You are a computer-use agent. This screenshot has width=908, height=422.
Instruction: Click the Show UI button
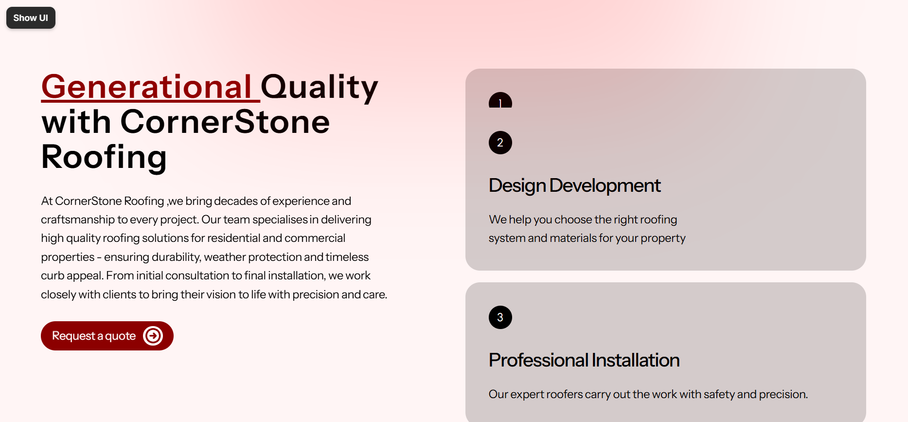tap(31, 18)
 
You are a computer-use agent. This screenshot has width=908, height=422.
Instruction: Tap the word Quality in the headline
tap(320, 88)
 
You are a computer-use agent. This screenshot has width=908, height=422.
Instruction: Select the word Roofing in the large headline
tap(104, 158)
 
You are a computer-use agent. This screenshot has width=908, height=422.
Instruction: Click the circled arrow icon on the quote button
tap(153, 336)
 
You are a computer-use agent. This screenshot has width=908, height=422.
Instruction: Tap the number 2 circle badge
tap(500, 143)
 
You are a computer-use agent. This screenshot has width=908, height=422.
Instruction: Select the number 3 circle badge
tap(500, 317)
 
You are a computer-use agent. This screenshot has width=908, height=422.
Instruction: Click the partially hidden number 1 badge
tap(500, 101)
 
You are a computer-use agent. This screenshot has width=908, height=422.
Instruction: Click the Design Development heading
tap(574, 185)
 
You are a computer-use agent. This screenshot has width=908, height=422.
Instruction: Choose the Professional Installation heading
tap(584, 360)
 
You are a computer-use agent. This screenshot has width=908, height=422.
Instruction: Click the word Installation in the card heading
tap(636, 360)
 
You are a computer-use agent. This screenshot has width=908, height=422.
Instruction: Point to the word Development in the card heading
tap(605, 186)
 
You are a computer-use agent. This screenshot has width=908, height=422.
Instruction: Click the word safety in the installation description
tap(719, 394)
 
